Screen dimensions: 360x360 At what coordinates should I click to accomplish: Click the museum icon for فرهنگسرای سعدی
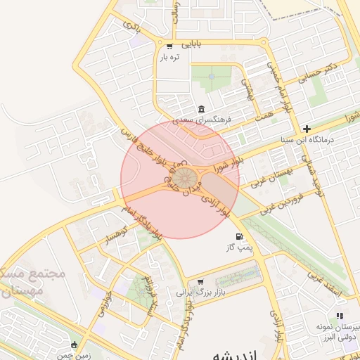coord(201,109)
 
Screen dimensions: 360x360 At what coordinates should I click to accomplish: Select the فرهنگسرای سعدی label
coord(202,120)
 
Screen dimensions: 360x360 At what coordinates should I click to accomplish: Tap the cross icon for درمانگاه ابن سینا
coord(307,129)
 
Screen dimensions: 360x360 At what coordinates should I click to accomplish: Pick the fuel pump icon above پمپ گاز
coord(240,236)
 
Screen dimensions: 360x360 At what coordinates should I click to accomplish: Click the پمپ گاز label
coord(238,247)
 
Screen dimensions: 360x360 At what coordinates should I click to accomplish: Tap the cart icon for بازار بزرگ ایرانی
coord(200,281)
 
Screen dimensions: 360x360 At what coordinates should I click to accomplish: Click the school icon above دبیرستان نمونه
coord(339,316)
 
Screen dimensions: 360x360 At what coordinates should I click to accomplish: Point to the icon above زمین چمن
coord(75,345)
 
